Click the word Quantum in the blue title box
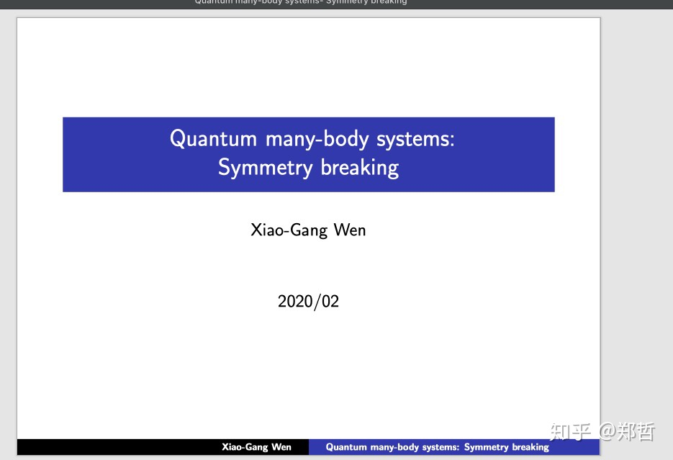tap(213, 139)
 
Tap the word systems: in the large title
tap(415, 140)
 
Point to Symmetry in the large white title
tap(265, 168)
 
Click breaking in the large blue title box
tap(360, 168)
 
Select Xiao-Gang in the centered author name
tap(289, 230)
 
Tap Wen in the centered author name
tap(350, 230)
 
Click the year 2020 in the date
tap(295, 301)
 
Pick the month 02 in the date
tap(330, 301)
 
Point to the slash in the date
tap(317, 302)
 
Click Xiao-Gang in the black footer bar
tap(245, 447)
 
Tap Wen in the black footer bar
tap(281, 447)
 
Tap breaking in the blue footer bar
tap(530, 447)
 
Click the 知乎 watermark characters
tap(570, 432)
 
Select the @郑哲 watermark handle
tap(627, 432)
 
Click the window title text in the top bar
tap(301, 2)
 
